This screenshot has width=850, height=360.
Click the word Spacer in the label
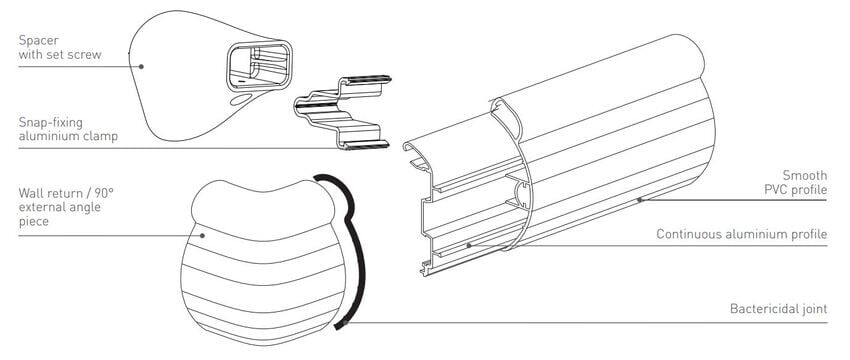tap(38, 41)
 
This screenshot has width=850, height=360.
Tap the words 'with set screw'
tap(60, 55)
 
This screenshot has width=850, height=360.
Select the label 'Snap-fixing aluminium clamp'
tap(68, 129)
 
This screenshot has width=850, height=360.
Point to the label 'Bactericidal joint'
tap(778, 309)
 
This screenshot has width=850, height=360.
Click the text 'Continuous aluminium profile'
tap(742, 234)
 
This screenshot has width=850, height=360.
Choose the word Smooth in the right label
tap(805, 175)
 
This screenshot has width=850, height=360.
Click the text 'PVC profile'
tap(796, 190)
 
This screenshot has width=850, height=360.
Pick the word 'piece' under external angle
tap(34, 222)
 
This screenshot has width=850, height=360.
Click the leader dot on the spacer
tap(141, 67)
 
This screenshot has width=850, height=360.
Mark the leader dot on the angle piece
tap(202, 235)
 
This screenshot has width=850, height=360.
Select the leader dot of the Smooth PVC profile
tap(640, 200)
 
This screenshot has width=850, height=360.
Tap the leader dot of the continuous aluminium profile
tap(469, 246)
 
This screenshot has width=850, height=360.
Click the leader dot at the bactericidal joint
tap(345, 323)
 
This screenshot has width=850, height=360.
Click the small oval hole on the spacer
tap(241, 100)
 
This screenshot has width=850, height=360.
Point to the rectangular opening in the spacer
tap(259, 66)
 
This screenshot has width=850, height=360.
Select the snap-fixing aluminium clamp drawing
tap(343, 113)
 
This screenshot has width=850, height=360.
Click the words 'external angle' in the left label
tap(60, 207)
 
